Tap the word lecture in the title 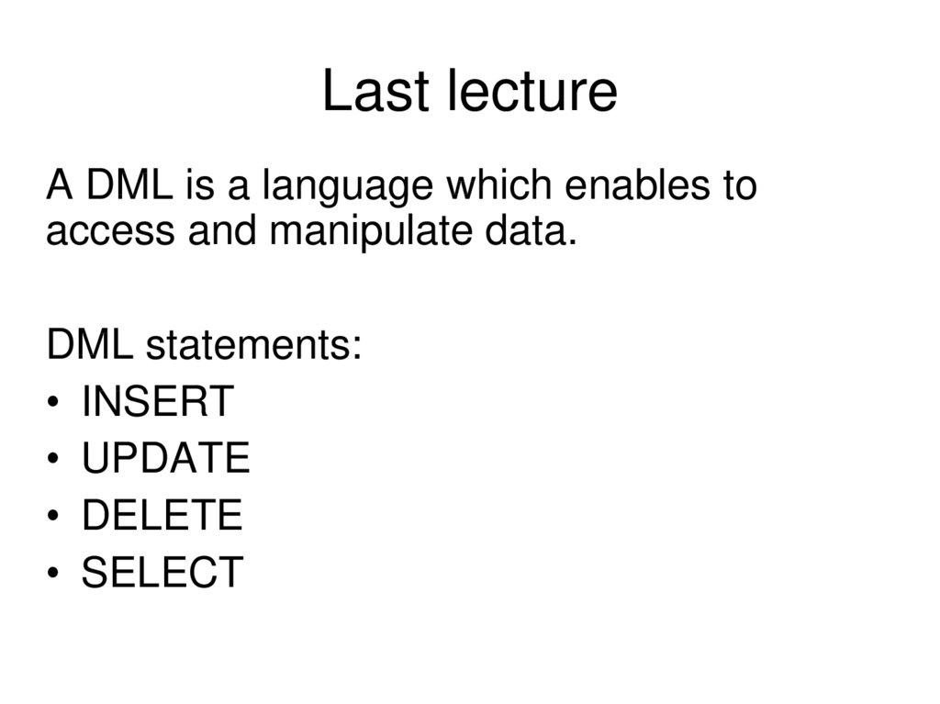point(532,93)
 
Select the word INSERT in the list point(158,402)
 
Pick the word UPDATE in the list point(165,459)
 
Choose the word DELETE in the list point(162,516)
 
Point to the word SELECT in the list point(162,573)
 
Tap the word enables point(633,186)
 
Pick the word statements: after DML point(253,347)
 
